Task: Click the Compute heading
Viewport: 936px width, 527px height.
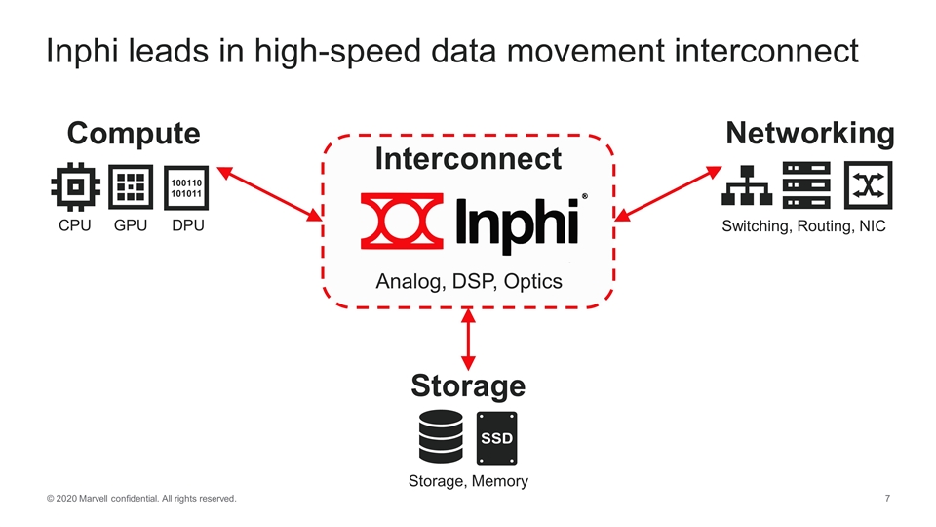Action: click(133, 133)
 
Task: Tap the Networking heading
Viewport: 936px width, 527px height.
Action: click(809, 133)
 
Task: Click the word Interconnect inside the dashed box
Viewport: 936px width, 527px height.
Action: click(468, 158)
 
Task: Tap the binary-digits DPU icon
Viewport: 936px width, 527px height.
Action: click(186, 186)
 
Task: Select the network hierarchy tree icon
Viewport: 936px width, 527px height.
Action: click(747, 186)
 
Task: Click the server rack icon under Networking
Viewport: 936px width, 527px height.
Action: click(806, 184)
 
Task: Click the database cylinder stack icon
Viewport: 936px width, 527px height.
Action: click(441, 437)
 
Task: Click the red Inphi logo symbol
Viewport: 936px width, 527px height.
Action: click(401, 221)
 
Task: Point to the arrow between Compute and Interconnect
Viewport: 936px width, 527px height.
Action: click(269, 192)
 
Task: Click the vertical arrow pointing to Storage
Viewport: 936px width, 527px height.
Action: click(469, 339)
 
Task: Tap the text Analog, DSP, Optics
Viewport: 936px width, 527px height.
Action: click(469, 282)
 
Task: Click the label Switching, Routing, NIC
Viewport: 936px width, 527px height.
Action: click(803, 227)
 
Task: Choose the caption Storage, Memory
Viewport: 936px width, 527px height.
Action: click(469, 480)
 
